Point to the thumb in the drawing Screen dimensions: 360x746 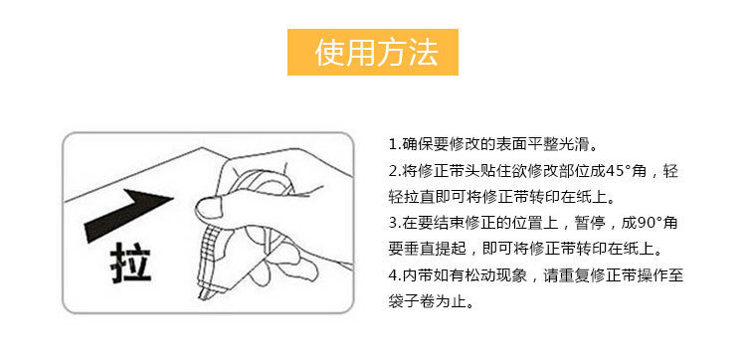click(213, 207)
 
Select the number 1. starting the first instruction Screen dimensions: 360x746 click(394, 144)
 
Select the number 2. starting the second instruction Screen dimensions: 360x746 click(394, 171)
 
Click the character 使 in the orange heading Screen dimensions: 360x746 click(330, 52)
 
